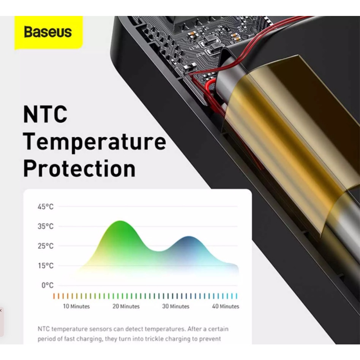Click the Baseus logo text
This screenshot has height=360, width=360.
click(48, 32)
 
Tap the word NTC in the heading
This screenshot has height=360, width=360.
click(45, 114)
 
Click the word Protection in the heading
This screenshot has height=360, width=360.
click(79, 168)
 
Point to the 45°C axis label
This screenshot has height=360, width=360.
click(46, 207)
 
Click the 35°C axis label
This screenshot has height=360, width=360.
click(46, 226)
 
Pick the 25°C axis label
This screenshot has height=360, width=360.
click(46, 246)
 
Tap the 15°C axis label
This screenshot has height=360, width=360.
click(46, 266)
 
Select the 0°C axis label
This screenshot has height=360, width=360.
click(47, 286)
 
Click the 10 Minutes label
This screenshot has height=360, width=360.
click(76, 306)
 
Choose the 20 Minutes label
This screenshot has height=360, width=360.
click(126, 306)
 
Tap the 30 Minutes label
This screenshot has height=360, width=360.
click(176, 306)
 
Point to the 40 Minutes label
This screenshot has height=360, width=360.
click(226, 306)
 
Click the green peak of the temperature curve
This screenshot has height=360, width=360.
click(120, 221)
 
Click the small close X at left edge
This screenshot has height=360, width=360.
click(1, 310)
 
